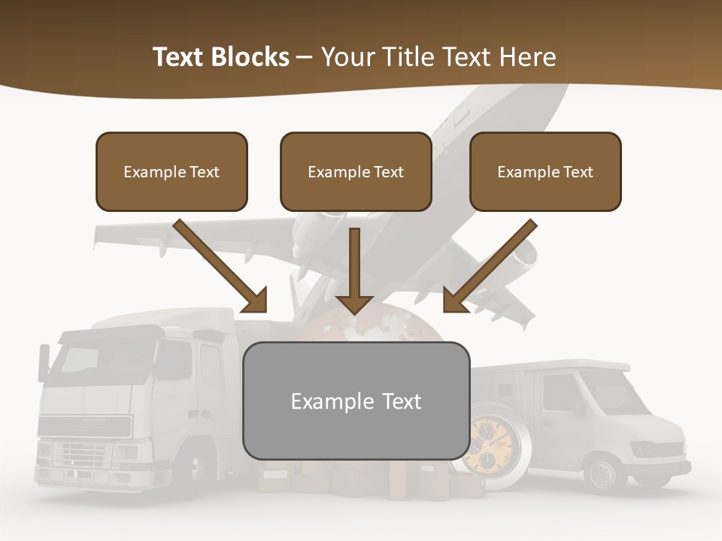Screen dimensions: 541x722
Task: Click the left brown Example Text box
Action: coord(171,172)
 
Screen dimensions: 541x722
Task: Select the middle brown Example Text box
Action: coord(356,172)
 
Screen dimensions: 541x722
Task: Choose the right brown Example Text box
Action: coord(545,172)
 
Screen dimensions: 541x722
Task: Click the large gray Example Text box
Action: coord(356,401)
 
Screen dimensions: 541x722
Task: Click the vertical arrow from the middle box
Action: coord(354,270)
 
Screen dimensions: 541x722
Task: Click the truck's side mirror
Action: coord(44,361)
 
